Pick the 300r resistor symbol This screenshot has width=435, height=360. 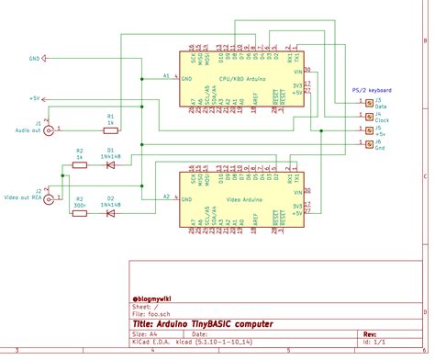[x=80, y=213]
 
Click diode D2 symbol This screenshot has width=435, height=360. [x=110, y=213]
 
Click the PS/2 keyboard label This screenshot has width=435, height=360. [x=372, y=90]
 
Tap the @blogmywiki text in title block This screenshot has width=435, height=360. [x=156, y=298]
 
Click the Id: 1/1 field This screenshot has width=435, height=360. [x=375, y=343]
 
